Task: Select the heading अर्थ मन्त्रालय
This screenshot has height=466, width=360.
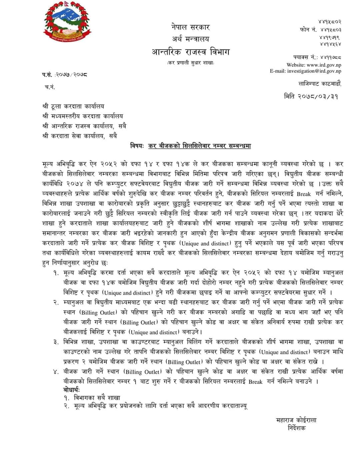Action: pyautogui.click(x=191, y=39)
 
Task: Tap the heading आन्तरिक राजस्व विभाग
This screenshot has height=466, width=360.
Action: pyautogui.click(x=191, y=52)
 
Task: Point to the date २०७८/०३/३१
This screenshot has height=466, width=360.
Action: pyautogui.click(x=320, y=96)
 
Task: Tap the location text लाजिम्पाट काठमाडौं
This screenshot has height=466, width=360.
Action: pyautogui.click(x=319, y=84)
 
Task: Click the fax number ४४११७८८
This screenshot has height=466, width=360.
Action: pyautogui.click(x=328, y=57)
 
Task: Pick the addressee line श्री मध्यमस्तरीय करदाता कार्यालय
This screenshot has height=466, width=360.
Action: pyautogui.click(x=83, y=116)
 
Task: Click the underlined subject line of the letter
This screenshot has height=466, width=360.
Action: pyautogui.click(x=199, y=146)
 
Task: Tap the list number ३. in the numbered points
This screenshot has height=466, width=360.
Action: pyautogui.click(x=56, y=342)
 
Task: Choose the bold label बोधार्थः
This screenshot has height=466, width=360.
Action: pyautogui.click(x=71, y=390)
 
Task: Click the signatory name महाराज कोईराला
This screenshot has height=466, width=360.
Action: pyautogui.click(x=296, y=420)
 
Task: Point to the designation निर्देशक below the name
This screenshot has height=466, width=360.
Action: pyautogui.click(x=296, y=428)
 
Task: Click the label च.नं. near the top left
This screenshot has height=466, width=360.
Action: pyautogui.click(x=50, y=87)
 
